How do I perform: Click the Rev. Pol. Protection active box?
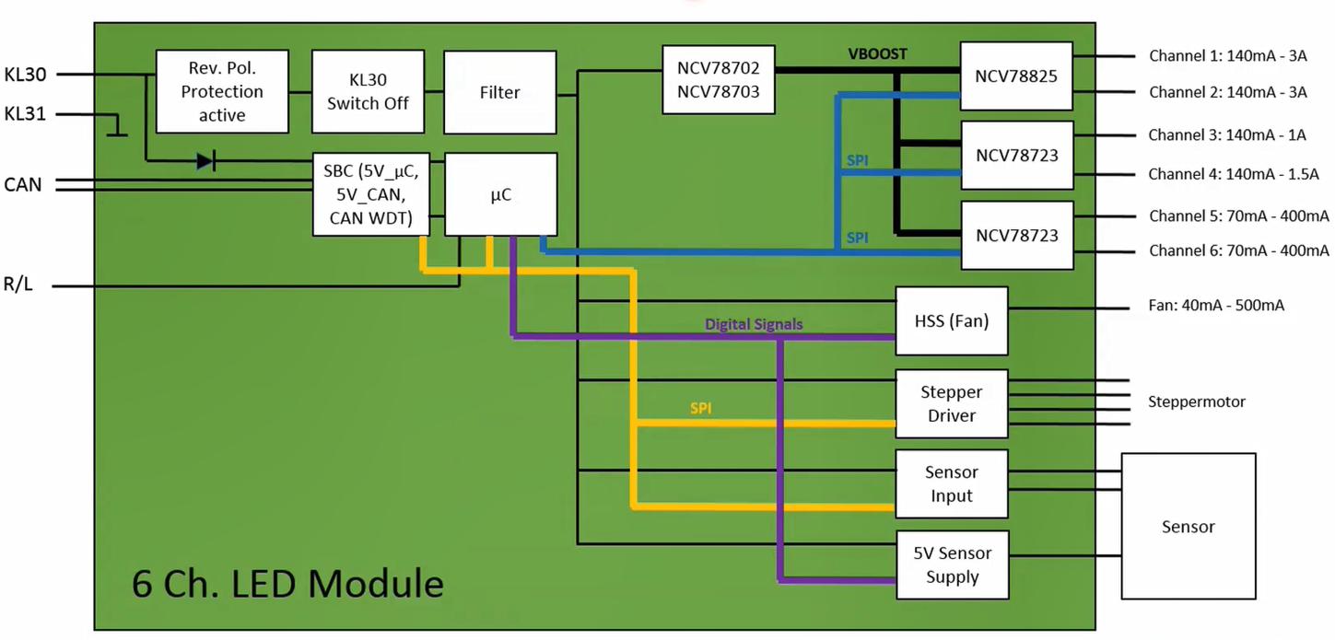pyautogui.click(x=222, y=91)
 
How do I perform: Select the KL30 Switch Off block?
pyautogui.click(x=367, y=91)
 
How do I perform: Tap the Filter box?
pyautogui.click(x=500, y=92)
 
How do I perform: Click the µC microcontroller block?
pyautogui.click(x=500, y=194)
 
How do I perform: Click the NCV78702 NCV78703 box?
pyautogui.click(x=718, y=79)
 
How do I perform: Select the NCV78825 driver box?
pyautogui.click(x=1016, y=76)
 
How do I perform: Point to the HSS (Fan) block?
pyautogui.click(x=951, y=321)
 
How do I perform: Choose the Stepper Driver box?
pyautogui.click(x=952, y=403)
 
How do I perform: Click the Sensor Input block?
pyautogui.click(x=952, y=483)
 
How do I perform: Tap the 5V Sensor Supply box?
pyautogui.click(x=952, y=564)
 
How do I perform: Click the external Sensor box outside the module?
pyautogui.click(x=1188, y=527)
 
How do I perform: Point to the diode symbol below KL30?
pyautogui.click(x=205, y=161)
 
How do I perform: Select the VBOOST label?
pyautogui.click(x=877, y=54)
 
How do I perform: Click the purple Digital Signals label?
pyautogui.click(x=754, y=324)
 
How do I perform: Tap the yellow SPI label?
pyautogui.click(x=700, y=408)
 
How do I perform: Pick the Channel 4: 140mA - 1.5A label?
pyautogui.click(x=1233, y=174)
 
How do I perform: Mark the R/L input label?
pyautogui.click(x=18, y=285)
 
